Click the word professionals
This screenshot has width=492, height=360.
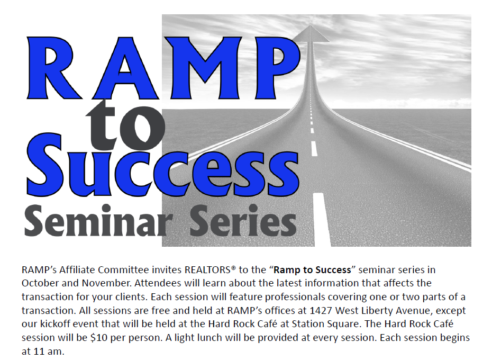(x=283, y=297)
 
